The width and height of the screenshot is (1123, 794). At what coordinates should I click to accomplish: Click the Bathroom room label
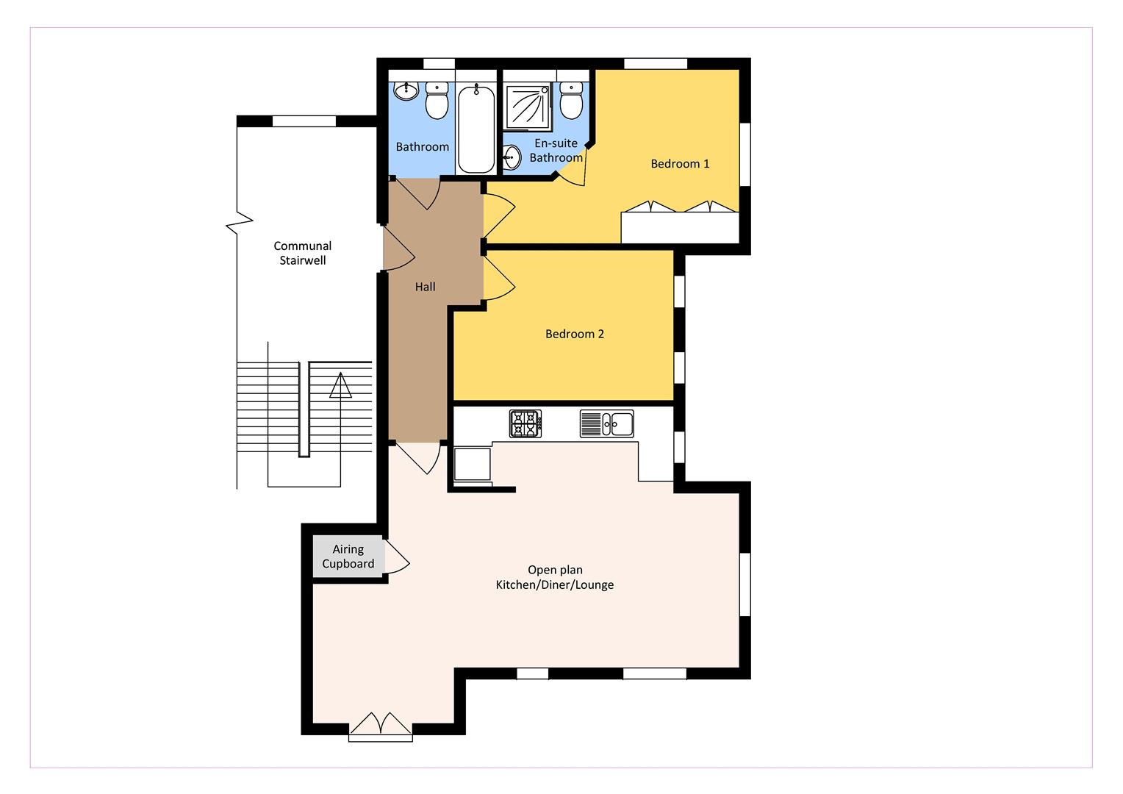point(422,147)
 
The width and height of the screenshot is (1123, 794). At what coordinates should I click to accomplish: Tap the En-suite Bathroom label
point(556,151)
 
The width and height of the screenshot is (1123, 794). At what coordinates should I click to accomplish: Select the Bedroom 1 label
point(680,164)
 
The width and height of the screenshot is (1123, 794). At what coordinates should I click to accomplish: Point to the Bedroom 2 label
point(574,335)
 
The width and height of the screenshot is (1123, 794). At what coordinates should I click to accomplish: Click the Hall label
point(425,287)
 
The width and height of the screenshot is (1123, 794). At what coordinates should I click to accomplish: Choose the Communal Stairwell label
point(302,254)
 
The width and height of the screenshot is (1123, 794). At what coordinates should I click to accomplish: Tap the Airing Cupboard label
point(348,557)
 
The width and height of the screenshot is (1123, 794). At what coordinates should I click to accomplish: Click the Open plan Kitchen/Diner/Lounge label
point(555,578)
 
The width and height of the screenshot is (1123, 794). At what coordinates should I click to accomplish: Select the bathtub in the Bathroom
point(476,129)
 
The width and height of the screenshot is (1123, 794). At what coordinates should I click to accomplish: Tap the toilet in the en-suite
point(571,101)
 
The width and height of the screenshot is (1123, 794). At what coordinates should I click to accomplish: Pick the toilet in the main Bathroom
point(437,101)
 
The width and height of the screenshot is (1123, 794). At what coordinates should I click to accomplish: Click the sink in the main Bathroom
point(405,91)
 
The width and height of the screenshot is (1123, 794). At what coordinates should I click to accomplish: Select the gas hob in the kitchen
point(525,424)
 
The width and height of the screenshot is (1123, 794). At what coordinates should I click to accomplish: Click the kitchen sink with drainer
point(606,424)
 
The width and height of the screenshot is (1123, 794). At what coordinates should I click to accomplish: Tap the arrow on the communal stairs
point(340,386)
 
